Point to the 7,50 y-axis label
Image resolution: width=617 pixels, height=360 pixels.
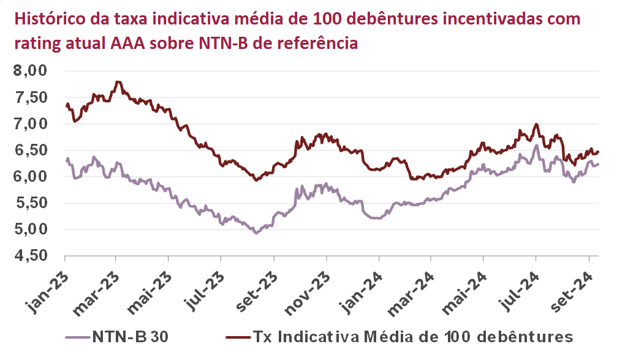(x=30, y=97)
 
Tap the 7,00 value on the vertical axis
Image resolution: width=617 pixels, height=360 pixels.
(x=30, y=124)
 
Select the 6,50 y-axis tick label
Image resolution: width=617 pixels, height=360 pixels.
(x=30, y=150)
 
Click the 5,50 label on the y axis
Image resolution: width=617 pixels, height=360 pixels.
(x=30, y=203)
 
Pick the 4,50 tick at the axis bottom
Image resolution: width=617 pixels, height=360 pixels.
(x=30, y=256)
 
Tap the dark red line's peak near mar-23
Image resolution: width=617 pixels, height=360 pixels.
(x=118, y=81)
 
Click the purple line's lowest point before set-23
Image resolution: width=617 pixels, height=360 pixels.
(x=256, y=233)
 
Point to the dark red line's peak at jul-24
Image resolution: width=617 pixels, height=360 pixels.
(x=537, y=124)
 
